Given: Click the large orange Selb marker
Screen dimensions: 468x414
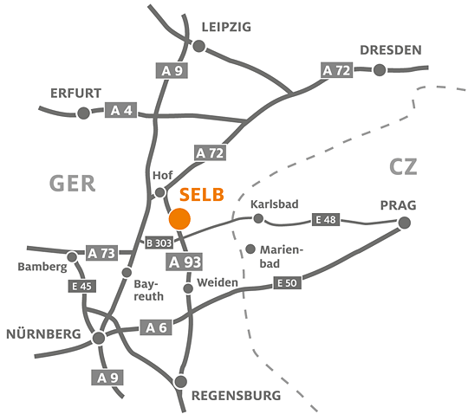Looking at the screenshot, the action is [179, 218].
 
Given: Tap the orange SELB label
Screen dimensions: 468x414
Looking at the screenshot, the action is [201, 195].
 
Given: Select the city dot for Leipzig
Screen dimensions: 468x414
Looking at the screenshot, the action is [199, 46].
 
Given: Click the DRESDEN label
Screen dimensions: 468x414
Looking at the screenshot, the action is [391, 50].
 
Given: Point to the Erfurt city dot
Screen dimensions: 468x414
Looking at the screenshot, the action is [83, 113].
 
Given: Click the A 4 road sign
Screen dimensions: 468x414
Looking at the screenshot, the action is [120, 110].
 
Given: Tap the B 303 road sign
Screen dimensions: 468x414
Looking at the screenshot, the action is [159, 243].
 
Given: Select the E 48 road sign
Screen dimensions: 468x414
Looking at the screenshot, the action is [326, 220].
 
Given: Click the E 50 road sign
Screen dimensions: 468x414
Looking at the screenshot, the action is [287, 282].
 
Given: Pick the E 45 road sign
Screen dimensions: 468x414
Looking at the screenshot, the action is [81, 287].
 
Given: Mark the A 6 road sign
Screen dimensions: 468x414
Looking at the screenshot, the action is [156, 327].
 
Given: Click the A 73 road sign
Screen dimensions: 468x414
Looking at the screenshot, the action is [101, 253].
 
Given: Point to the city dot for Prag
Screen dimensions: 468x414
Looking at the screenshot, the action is [405, 223].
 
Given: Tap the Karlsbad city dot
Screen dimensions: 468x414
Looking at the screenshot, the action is [258, 218].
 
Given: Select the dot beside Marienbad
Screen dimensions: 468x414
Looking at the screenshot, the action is [250, 249].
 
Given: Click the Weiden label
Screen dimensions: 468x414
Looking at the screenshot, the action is [218, 282].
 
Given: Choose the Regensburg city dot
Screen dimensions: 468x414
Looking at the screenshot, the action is [180, 381].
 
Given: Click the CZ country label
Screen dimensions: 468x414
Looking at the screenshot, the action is [403, 167].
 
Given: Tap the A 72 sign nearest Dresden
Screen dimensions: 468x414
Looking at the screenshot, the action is [336, 70].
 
